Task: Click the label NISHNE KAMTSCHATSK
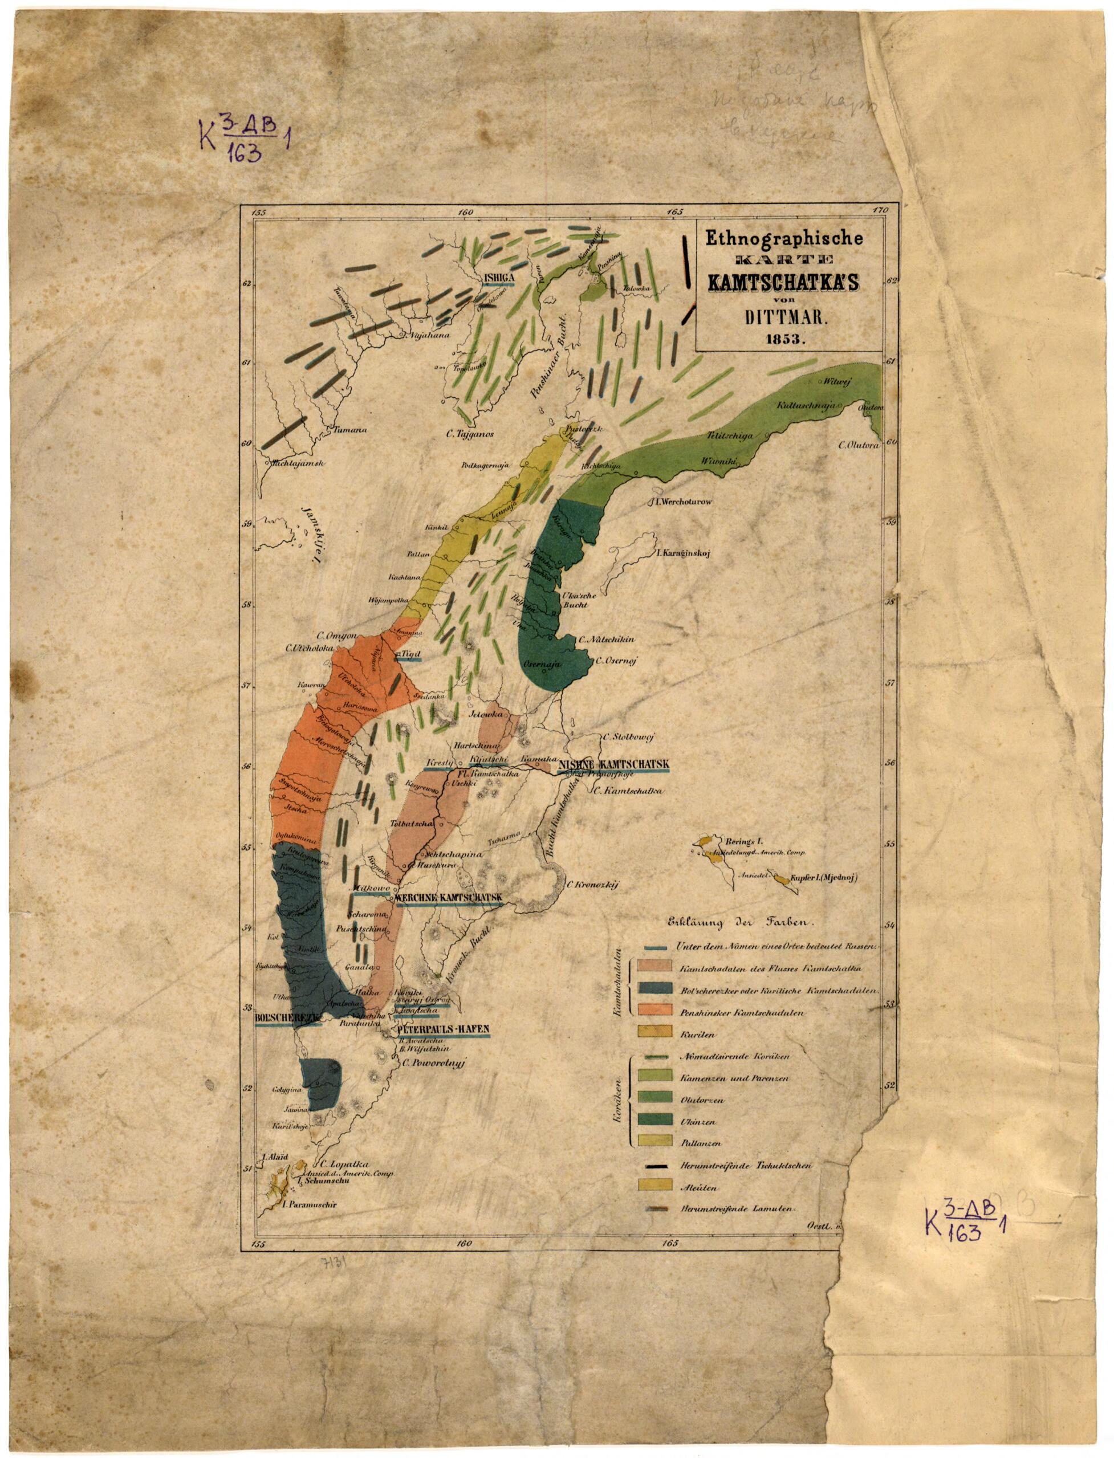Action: point(614,764)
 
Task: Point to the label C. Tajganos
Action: point(470,435)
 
